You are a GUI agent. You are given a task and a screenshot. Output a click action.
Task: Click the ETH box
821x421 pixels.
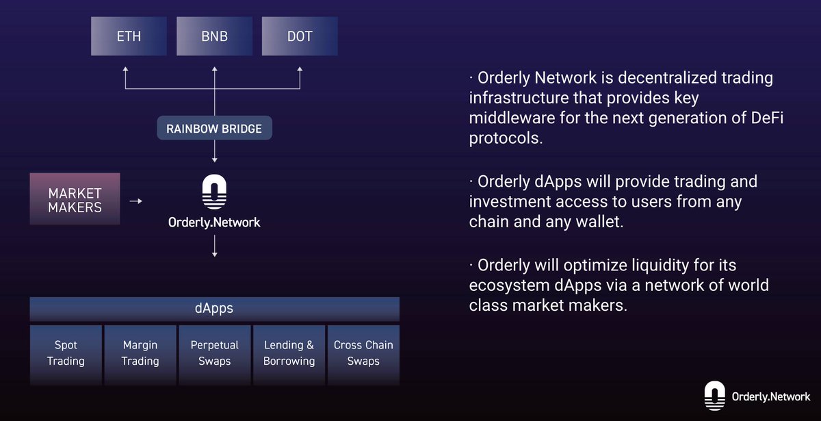(129, 36)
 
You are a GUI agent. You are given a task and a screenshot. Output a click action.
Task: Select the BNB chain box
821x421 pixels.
(214, 36)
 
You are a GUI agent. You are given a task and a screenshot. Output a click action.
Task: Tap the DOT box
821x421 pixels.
(300, 36)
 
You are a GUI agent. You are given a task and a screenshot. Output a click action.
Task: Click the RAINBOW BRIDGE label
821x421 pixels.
(214, 128)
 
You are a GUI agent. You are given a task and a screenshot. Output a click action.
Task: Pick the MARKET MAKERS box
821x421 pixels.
(75, 199)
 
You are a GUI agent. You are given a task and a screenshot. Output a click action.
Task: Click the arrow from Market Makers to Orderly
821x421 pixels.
(136, 201)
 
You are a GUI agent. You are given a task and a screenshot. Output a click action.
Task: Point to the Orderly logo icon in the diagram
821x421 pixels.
(215, 192)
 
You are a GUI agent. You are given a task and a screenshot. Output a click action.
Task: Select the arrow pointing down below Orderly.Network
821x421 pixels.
(215, 246)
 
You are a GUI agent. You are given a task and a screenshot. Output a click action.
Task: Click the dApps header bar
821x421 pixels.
(214, 309)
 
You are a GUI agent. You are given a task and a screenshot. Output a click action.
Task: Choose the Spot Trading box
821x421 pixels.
(66, 353)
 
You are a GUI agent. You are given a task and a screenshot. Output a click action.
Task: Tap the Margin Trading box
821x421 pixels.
(140, 353)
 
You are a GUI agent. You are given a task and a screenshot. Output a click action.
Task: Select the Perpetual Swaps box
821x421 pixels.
(215, 353)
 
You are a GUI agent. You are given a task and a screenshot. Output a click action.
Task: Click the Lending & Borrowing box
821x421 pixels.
(289, 353)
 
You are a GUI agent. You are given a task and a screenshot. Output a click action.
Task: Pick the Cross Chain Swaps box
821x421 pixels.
(363, 353)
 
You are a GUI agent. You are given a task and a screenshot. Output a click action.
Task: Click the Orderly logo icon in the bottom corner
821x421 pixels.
(714, 396)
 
